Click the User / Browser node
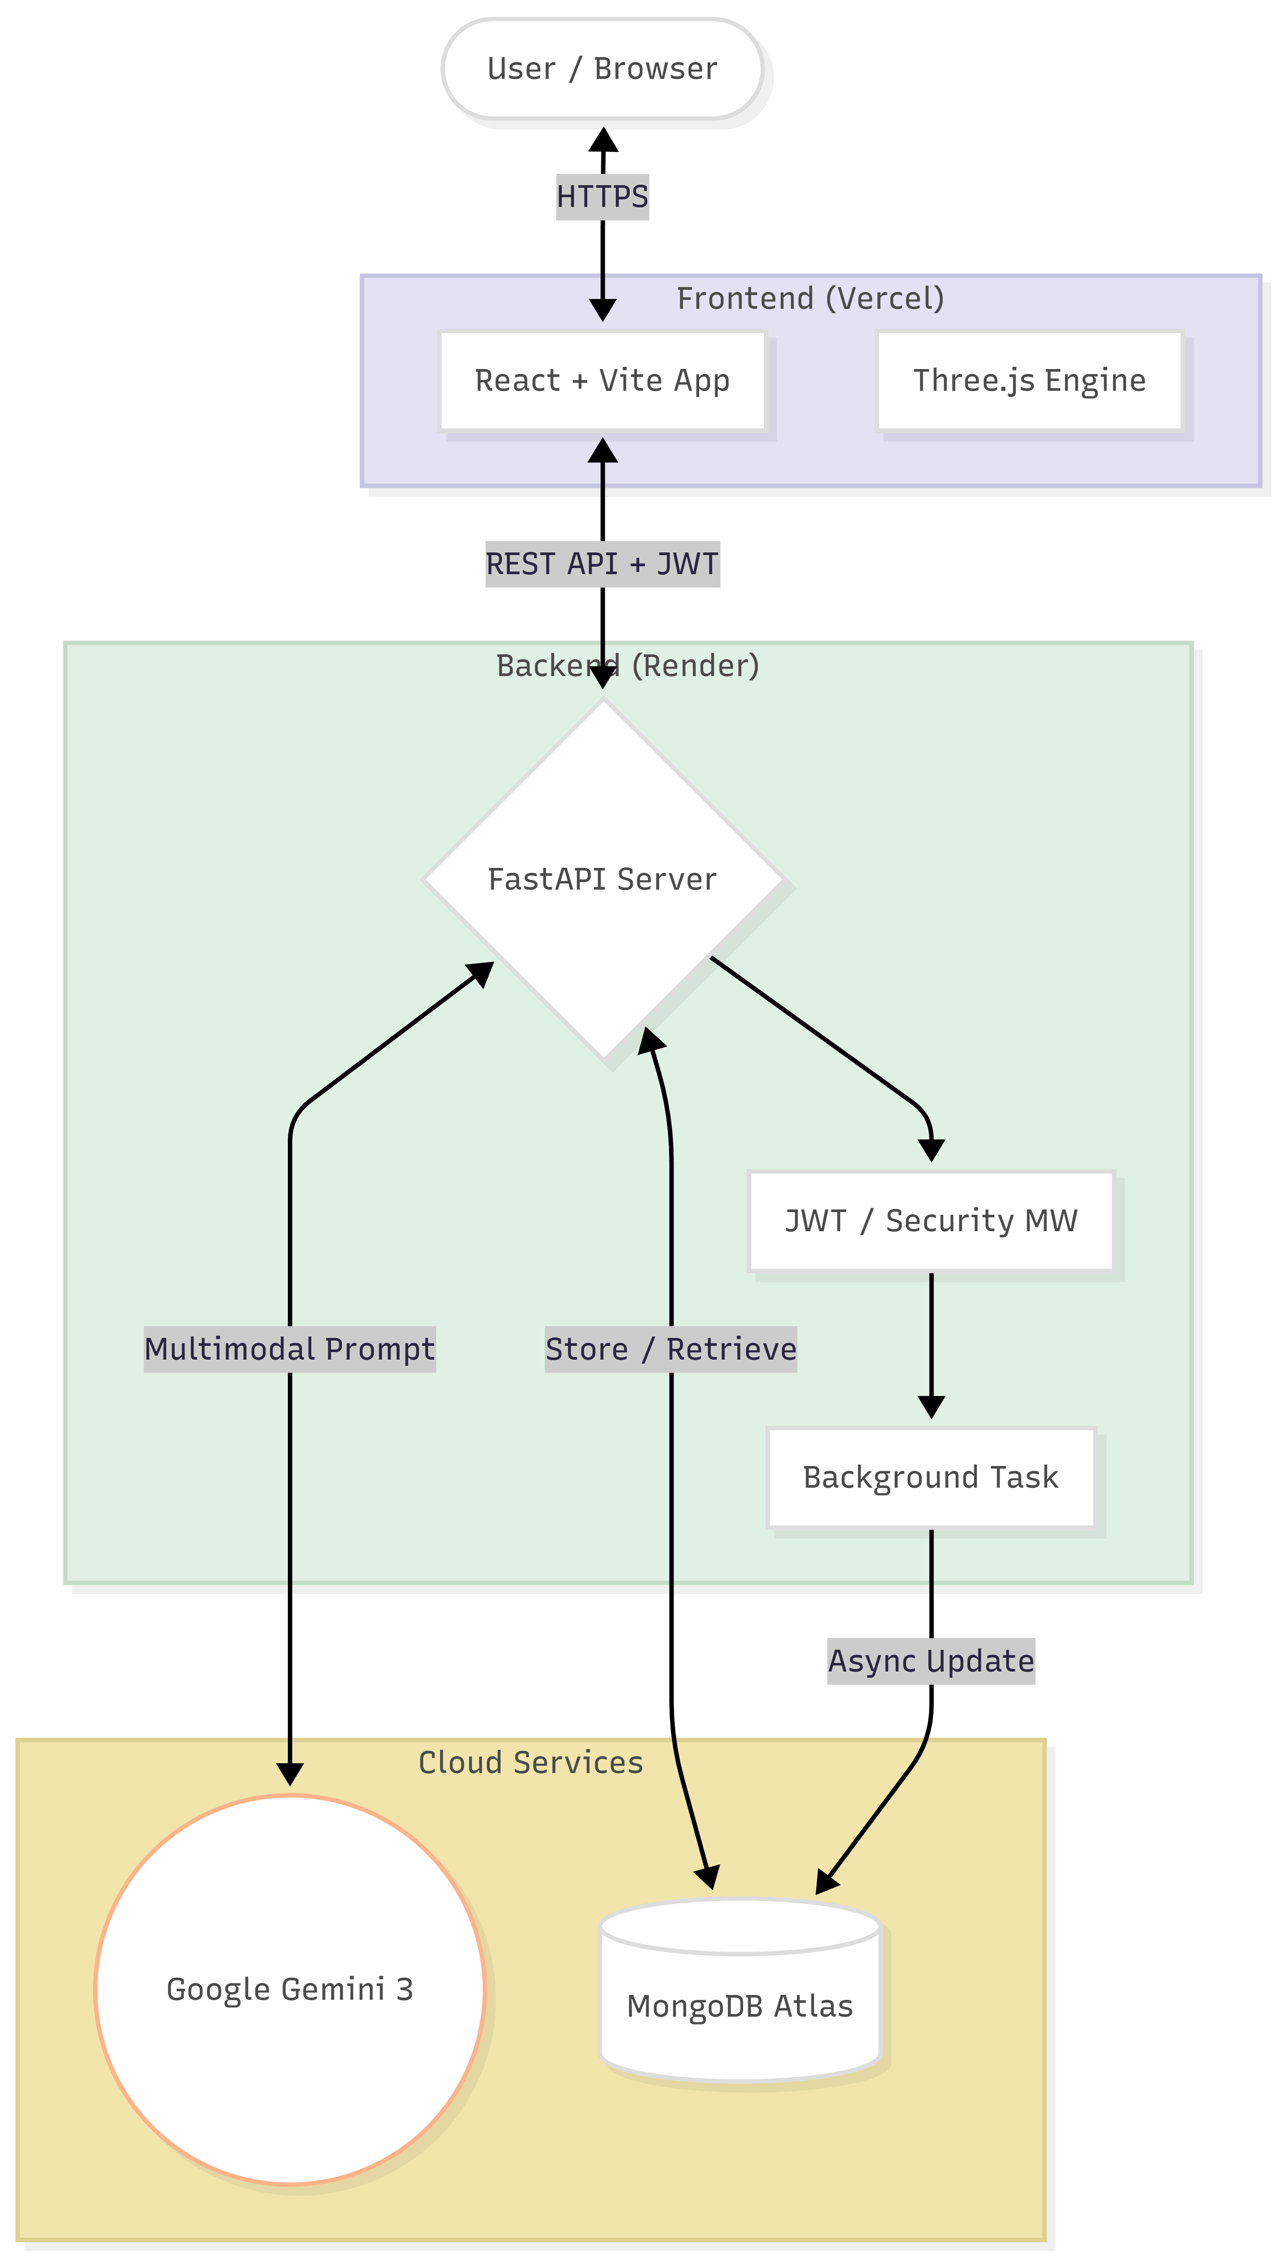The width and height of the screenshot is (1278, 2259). pyautogui.click(x=602, y=69)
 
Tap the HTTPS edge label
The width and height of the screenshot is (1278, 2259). pyautogui.click(x=602, y=197)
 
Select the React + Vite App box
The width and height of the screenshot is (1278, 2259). pyautogui.click(x=602, y=380)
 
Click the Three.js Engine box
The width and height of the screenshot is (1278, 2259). pyautogui.click(x=1029, y=380)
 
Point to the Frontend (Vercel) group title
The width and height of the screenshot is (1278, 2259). pyautogui.click(x=809, y=299)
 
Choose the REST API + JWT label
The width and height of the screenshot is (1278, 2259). pyautogui.click(x=602, y=564)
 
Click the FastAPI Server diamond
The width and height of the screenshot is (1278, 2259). pyautogui.click(x=602, y=879)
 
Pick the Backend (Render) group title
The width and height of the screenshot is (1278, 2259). pyautogui.click(x=627, y=665)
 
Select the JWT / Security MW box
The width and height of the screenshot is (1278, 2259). pyautogui.click(x=930, y=1221)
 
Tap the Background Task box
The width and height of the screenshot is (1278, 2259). pyautogui.click(x=930, y=1477)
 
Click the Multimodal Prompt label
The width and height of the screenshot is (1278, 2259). pyautogui.click(x=290, y=1349)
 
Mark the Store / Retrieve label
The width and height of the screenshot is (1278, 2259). pyautogui.click(x=670, y=1349)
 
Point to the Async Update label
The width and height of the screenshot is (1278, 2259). pyautogui.click(x=930, y=1661)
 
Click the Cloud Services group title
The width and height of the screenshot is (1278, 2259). pyautogui.click(x=530, y=1762)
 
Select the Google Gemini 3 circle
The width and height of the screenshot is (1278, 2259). pyautogui.click(x=290, y=1989)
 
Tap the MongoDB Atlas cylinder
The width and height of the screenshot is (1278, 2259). pyautogui.click(x=740, y=2006)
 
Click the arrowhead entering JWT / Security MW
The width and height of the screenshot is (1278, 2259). pyautogui.click(x=930, y=1150)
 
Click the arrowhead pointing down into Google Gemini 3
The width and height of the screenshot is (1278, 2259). pyautogui.click(x=290, y=1773)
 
